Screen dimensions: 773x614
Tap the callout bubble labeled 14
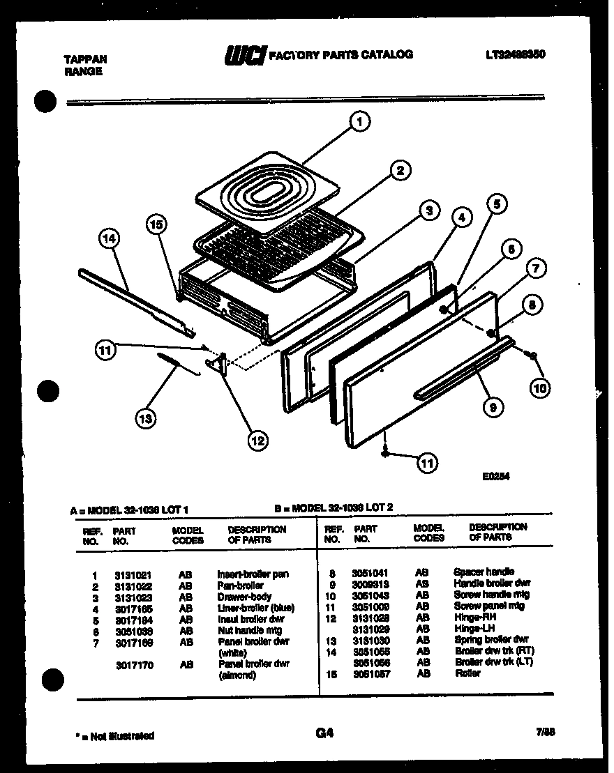(109, 240)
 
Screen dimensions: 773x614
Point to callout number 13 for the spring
(146, 418)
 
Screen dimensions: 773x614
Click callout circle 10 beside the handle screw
(539, 388)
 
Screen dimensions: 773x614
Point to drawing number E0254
(497, 478)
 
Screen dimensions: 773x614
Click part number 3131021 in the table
(133, 574)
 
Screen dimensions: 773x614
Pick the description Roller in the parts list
(467, 673)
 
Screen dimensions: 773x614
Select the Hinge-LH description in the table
(473, 628)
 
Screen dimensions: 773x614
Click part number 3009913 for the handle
(371, 584)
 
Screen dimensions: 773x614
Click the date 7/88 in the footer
(546, 733)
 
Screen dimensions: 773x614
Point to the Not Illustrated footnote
(114, 736)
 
